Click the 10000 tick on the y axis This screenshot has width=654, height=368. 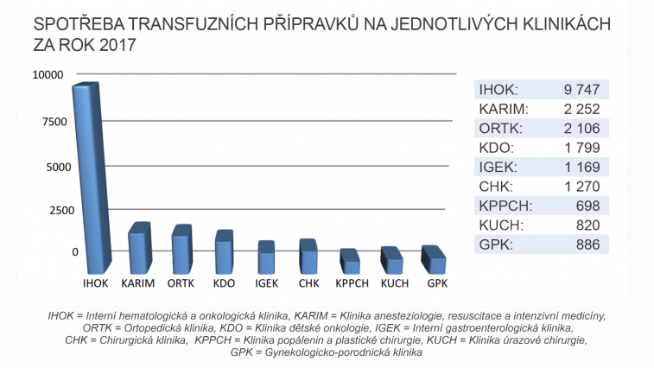click(x=49, y=75)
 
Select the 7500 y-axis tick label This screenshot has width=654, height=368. click(x=53, y=121)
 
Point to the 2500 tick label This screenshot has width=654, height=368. click(x=53, y=210)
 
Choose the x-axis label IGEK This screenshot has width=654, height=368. click(x=266, y=282)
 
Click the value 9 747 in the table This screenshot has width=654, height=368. click(x=581, y=89)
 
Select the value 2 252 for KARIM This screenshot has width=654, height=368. click(x=581, y=109)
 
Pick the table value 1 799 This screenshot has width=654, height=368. click(x=581, y=148)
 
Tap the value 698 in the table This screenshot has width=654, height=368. click(x=587, y=206)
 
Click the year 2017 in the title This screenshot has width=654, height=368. click(x=117, y=45)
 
